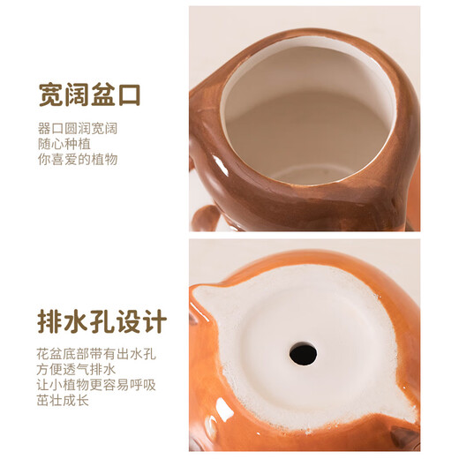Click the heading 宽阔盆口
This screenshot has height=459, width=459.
89,94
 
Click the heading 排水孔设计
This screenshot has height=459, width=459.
102,321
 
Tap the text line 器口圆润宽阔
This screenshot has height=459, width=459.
78,128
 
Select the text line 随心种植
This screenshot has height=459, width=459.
64,144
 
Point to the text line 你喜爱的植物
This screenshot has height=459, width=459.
78,160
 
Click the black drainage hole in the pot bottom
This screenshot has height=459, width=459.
303,354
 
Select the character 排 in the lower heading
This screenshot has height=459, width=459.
50,321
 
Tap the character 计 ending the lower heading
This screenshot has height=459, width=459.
153,321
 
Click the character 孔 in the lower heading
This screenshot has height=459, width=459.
102,321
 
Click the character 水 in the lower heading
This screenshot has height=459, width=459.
76,321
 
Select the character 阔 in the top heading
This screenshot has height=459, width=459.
77,94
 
